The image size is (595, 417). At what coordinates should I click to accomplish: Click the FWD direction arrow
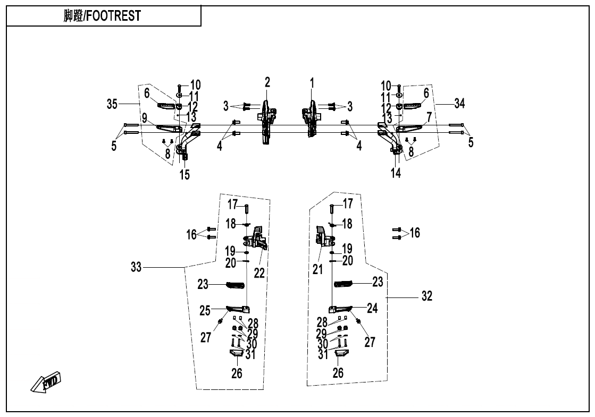46,381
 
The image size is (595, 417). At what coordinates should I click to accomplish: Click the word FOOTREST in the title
114,16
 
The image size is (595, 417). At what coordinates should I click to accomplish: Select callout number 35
112,104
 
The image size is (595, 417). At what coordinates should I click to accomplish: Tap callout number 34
459,103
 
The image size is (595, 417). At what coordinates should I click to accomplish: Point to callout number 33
136,267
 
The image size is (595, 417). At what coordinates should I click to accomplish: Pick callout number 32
427,296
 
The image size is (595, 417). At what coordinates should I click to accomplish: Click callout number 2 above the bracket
267,82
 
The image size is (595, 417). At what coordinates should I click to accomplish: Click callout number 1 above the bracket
312,83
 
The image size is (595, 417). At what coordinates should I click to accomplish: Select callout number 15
185,175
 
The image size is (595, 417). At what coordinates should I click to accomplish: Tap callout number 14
396,173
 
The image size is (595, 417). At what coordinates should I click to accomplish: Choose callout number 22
259,273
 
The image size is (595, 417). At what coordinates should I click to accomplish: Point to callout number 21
317,269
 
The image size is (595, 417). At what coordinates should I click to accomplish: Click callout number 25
205,311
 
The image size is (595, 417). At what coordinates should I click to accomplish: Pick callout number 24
372,308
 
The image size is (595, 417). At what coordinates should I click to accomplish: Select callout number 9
145,118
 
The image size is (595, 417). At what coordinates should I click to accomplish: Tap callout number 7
429,117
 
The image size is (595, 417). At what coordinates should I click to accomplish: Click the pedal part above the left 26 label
237,353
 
